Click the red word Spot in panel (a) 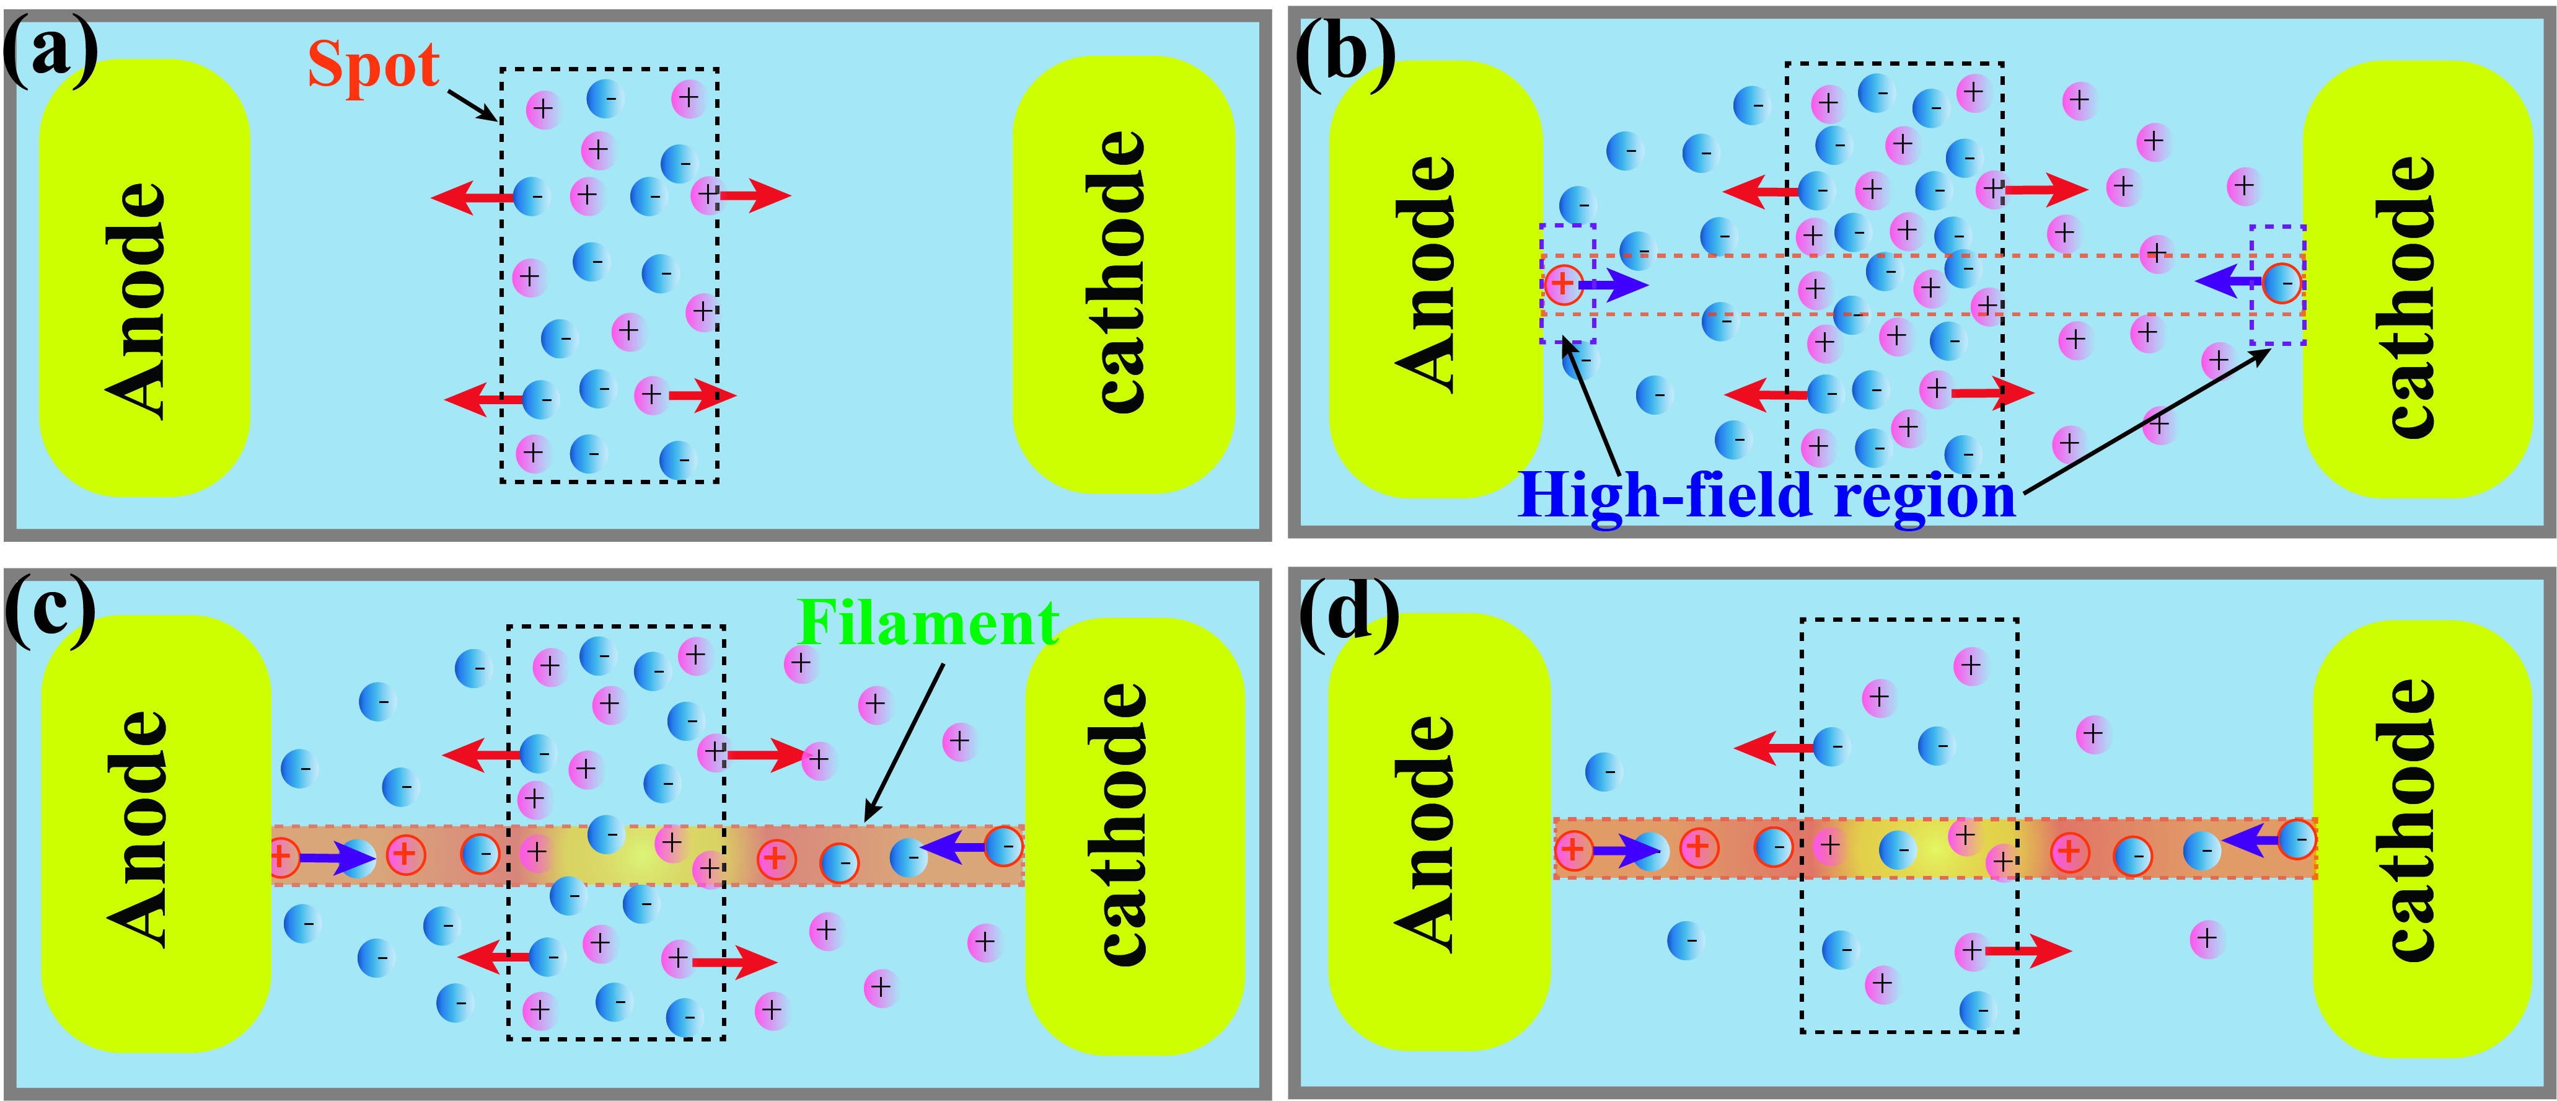coord(373,66)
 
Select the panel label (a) coord(50,51)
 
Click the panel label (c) coord(50,608)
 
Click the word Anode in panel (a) coord(137,298)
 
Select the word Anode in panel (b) coord(1427,273)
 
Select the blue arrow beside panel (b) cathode coord(2229,283)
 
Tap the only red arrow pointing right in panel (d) coord(2028,951)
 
